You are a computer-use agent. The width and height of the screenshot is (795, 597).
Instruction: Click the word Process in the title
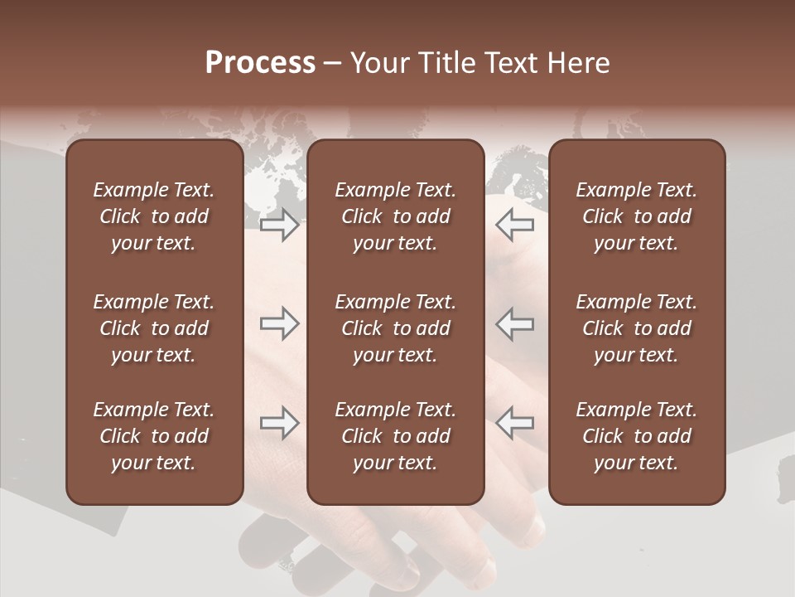click(260, 63)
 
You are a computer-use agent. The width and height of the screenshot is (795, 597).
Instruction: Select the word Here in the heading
click(578, 63)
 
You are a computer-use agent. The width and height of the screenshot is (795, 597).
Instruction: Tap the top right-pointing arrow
click(280, 225)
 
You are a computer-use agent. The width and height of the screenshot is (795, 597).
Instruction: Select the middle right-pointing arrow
click(280, 323)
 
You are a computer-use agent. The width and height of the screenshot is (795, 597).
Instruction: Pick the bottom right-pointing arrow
click(280, 423)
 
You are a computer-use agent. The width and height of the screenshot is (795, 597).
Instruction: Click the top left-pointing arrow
click(514, 225)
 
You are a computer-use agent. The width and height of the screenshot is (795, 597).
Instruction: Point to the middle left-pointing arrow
click(514, 323)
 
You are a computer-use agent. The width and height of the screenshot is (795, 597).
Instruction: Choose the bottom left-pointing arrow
click(514, 423)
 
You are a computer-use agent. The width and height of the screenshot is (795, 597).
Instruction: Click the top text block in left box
click(154, 216)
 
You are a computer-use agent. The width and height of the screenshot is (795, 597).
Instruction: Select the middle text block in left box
click(154, 328)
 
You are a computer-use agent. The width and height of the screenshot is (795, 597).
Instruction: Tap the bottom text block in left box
click(154, 436)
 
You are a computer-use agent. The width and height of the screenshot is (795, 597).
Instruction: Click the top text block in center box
click(395, 216)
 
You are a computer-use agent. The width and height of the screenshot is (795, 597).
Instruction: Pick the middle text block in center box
click(395, 328)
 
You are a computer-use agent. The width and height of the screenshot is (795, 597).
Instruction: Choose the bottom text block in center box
click(395, 436)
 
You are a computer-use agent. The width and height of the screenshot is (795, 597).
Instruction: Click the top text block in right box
click(636, 216)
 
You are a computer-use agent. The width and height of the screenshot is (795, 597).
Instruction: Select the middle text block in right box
click(636, 328)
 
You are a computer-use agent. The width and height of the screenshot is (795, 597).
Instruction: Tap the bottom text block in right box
click(636, 436)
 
